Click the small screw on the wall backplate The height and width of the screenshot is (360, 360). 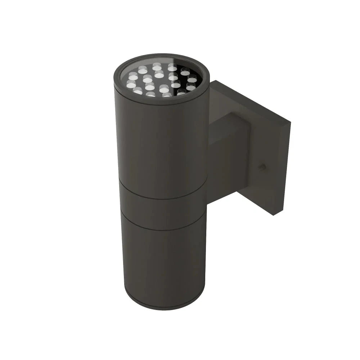[264, 167]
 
